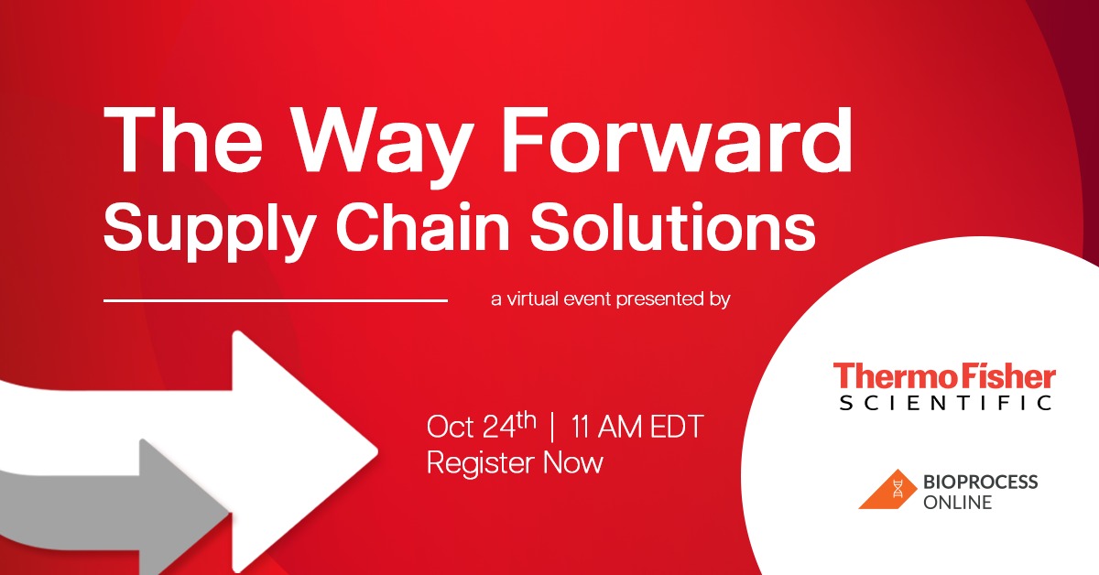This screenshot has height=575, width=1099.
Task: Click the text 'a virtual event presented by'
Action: tap(610, 298)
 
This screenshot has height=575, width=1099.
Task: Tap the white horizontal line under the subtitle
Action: tap(275, 299)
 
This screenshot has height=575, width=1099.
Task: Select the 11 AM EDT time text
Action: tap(637, 427)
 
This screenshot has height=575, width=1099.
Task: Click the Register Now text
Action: tap(515, 462)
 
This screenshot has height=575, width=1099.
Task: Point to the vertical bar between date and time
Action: tap(552, 427)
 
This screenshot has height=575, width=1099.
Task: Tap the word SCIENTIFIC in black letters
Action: tap(944, 403)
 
